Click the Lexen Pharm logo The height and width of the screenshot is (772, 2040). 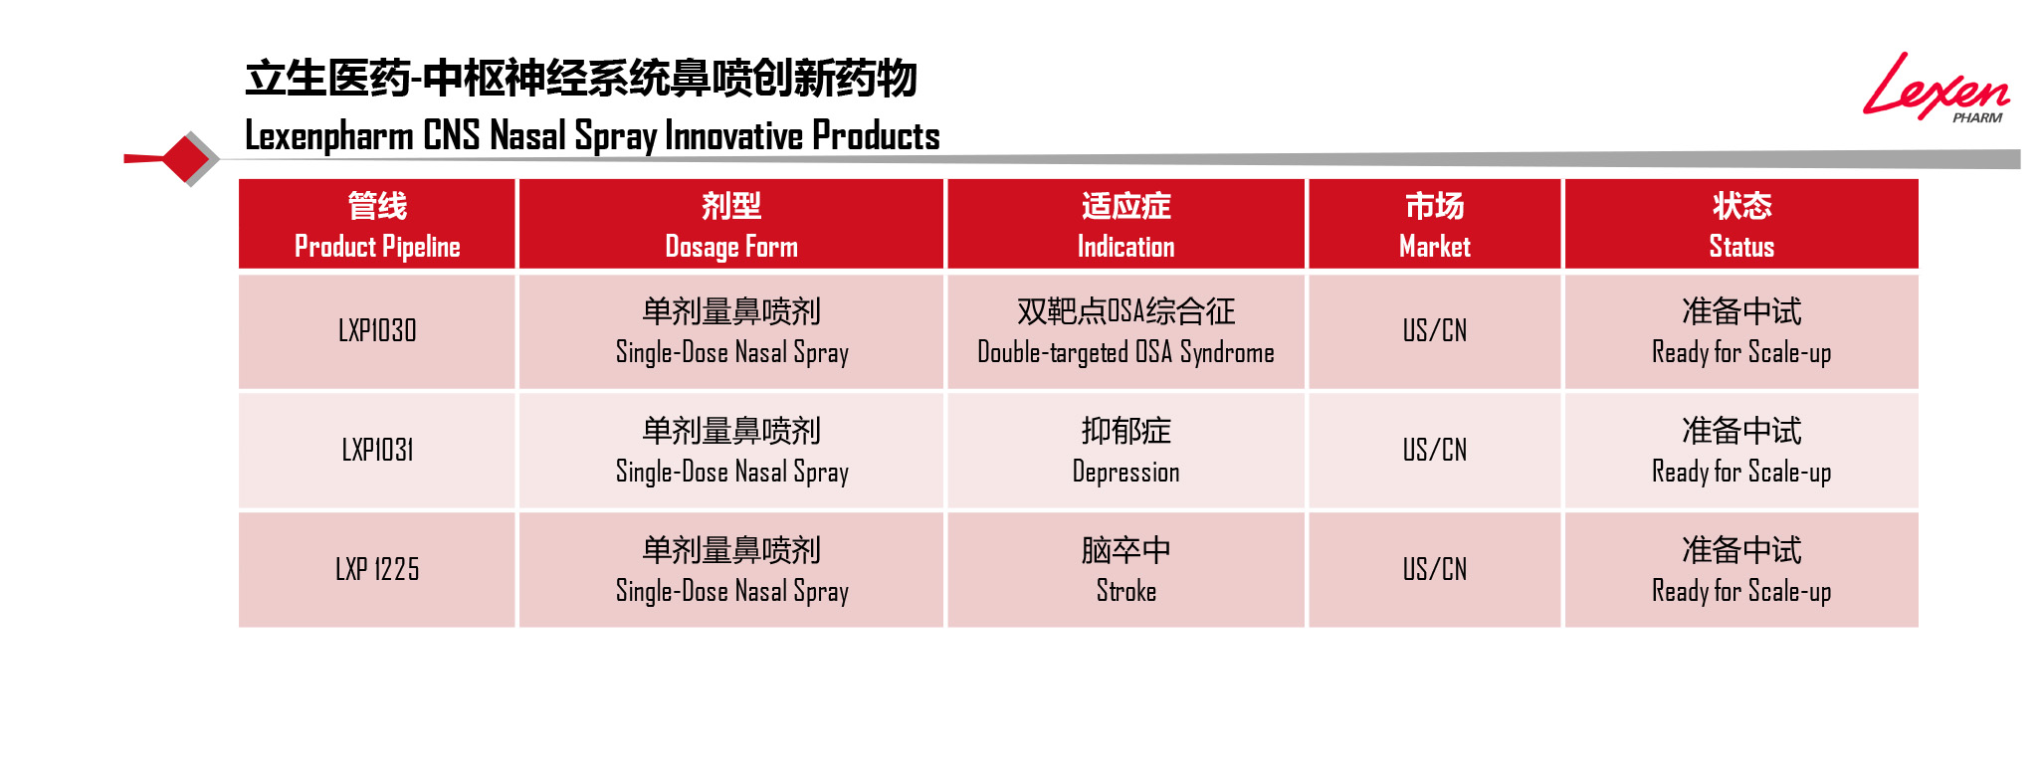[x=1936, y=88]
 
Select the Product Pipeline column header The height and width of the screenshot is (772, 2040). [x=377, y=224]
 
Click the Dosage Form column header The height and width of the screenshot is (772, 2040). [x=731, y=224]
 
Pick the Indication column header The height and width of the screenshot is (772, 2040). [x=1125, y=224]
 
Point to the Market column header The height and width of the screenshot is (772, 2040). [x=1434, y=224]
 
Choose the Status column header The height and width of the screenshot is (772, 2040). [x=1741, y=224]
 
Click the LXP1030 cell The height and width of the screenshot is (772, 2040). [x=377, y=331]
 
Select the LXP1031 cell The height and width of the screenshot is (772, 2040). [x=377, y=451]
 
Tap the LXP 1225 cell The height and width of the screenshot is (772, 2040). [x=377, y=570]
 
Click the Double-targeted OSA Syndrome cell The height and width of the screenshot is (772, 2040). [x=1125, y=331]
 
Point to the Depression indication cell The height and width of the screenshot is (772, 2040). [x=1125, y=451]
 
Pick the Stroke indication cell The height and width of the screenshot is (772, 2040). [x=1125, y=570]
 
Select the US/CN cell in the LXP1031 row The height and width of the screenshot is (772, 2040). [x=1434, y=451]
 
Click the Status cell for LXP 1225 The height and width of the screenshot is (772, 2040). [x=1741, y=570]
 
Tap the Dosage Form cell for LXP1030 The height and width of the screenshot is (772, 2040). [x=731, y=331]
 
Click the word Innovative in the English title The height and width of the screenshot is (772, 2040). [x=733, y=135]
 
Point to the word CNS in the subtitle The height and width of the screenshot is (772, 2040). [x=451, y=135]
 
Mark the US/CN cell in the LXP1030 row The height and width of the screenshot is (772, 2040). [x=1434, y=331]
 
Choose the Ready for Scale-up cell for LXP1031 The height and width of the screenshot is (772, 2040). [x=1741, y=451]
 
